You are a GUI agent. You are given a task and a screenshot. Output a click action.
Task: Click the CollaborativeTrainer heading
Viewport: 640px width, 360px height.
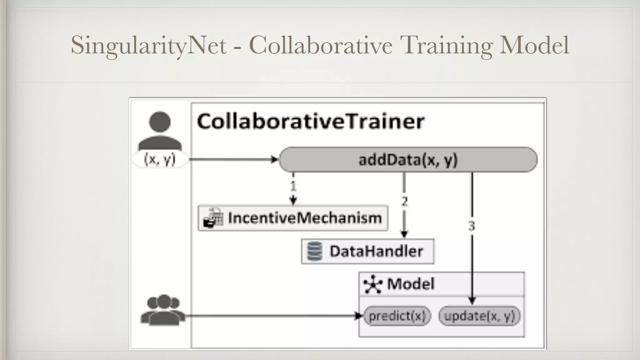[311, 121]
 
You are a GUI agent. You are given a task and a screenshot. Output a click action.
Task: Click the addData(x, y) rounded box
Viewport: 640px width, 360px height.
[408, 160]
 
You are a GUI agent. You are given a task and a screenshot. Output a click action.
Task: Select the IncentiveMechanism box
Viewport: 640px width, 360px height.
[293, 218]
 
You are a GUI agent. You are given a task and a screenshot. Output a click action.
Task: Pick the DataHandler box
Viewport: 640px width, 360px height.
[367, 252]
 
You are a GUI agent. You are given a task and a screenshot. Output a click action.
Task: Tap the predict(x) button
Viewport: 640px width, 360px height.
[397, 316]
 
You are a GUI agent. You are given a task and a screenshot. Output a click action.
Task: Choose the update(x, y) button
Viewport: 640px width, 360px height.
[479, 316]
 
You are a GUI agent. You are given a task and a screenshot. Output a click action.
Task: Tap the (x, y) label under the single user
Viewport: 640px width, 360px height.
[160, 159]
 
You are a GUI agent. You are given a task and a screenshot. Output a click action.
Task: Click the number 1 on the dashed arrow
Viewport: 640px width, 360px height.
[293, 186]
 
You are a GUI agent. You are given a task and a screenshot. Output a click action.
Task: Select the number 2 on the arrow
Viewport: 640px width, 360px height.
[404, 201]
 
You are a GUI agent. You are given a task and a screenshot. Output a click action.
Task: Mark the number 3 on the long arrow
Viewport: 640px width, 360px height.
[472, 226]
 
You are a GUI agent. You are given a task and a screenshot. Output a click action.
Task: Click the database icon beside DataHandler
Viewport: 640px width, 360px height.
[314, 252]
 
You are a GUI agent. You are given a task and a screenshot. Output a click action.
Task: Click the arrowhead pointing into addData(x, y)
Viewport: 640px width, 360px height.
[275, 160]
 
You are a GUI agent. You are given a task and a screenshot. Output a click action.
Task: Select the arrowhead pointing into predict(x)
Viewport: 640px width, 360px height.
[358, 316]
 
